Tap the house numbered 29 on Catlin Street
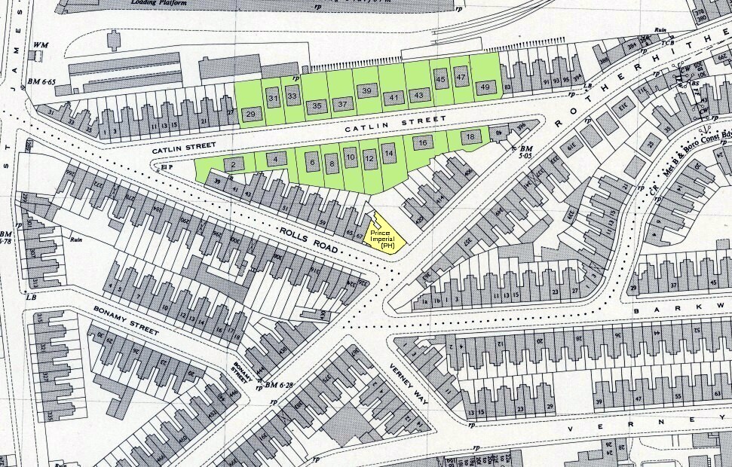pos(253,114)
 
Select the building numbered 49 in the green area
pos(486,87)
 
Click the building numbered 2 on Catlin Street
pos(234,164)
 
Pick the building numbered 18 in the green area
pos(470,137)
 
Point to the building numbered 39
pos(366,91)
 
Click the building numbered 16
pos(423,142)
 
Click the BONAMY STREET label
pos(126,321)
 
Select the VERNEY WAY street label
pos(408,385)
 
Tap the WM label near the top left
pos(40,45)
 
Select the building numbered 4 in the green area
pos(277,159)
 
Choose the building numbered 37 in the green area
pos(342,104)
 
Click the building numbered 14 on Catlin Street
pos(388,154)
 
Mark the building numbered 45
pos(441,78)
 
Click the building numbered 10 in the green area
pos(350,157)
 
